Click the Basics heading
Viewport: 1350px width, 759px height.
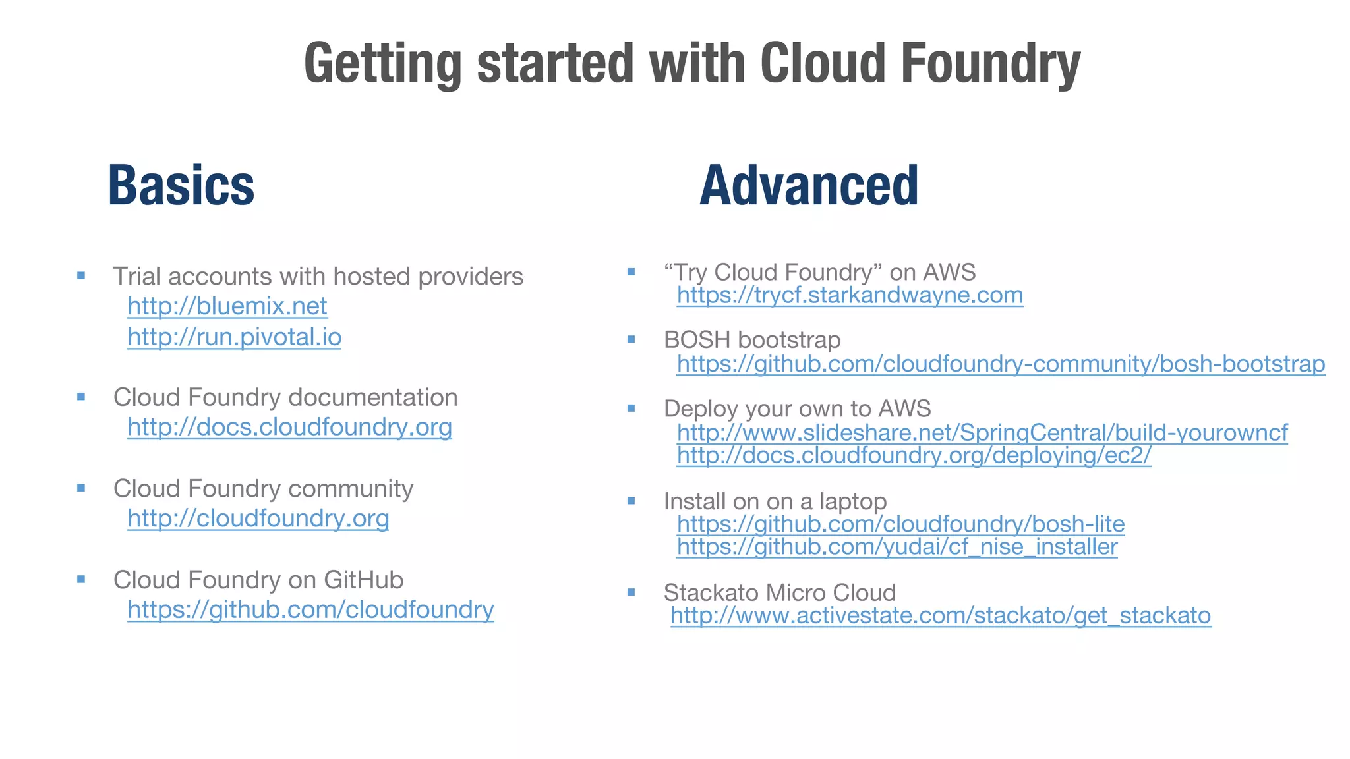coord(181,186)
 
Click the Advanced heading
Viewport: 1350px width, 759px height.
coord(808,186)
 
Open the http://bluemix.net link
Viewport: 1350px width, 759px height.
coord(227,306)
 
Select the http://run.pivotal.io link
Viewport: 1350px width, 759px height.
coord(234,337)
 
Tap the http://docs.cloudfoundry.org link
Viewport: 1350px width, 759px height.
coord(289,428)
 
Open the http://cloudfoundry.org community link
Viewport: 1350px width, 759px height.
coord(258,519)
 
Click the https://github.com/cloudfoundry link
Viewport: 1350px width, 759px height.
coord(310,610)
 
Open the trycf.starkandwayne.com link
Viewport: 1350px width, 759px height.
coord(850,295)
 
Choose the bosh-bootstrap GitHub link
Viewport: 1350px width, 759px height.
coord(1001,364)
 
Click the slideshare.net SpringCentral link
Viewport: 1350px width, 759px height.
coord(982,433)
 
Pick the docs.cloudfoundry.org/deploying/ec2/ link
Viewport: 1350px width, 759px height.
coord(914,455)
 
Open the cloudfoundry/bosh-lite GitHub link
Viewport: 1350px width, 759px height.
coord(900,524)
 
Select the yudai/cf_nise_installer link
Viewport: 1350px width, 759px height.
coord(897,547)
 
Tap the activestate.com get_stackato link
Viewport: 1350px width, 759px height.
coord(941,616)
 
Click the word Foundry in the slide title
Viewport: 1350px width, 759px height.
coord(990,64)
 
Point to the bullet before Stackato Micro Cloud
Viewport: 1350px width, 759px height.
coord(631,592)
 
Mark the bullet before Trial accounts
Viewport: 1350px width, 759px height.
coord(81,276)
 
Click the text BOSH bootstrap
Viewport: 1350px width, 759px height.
coord(752,340)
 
